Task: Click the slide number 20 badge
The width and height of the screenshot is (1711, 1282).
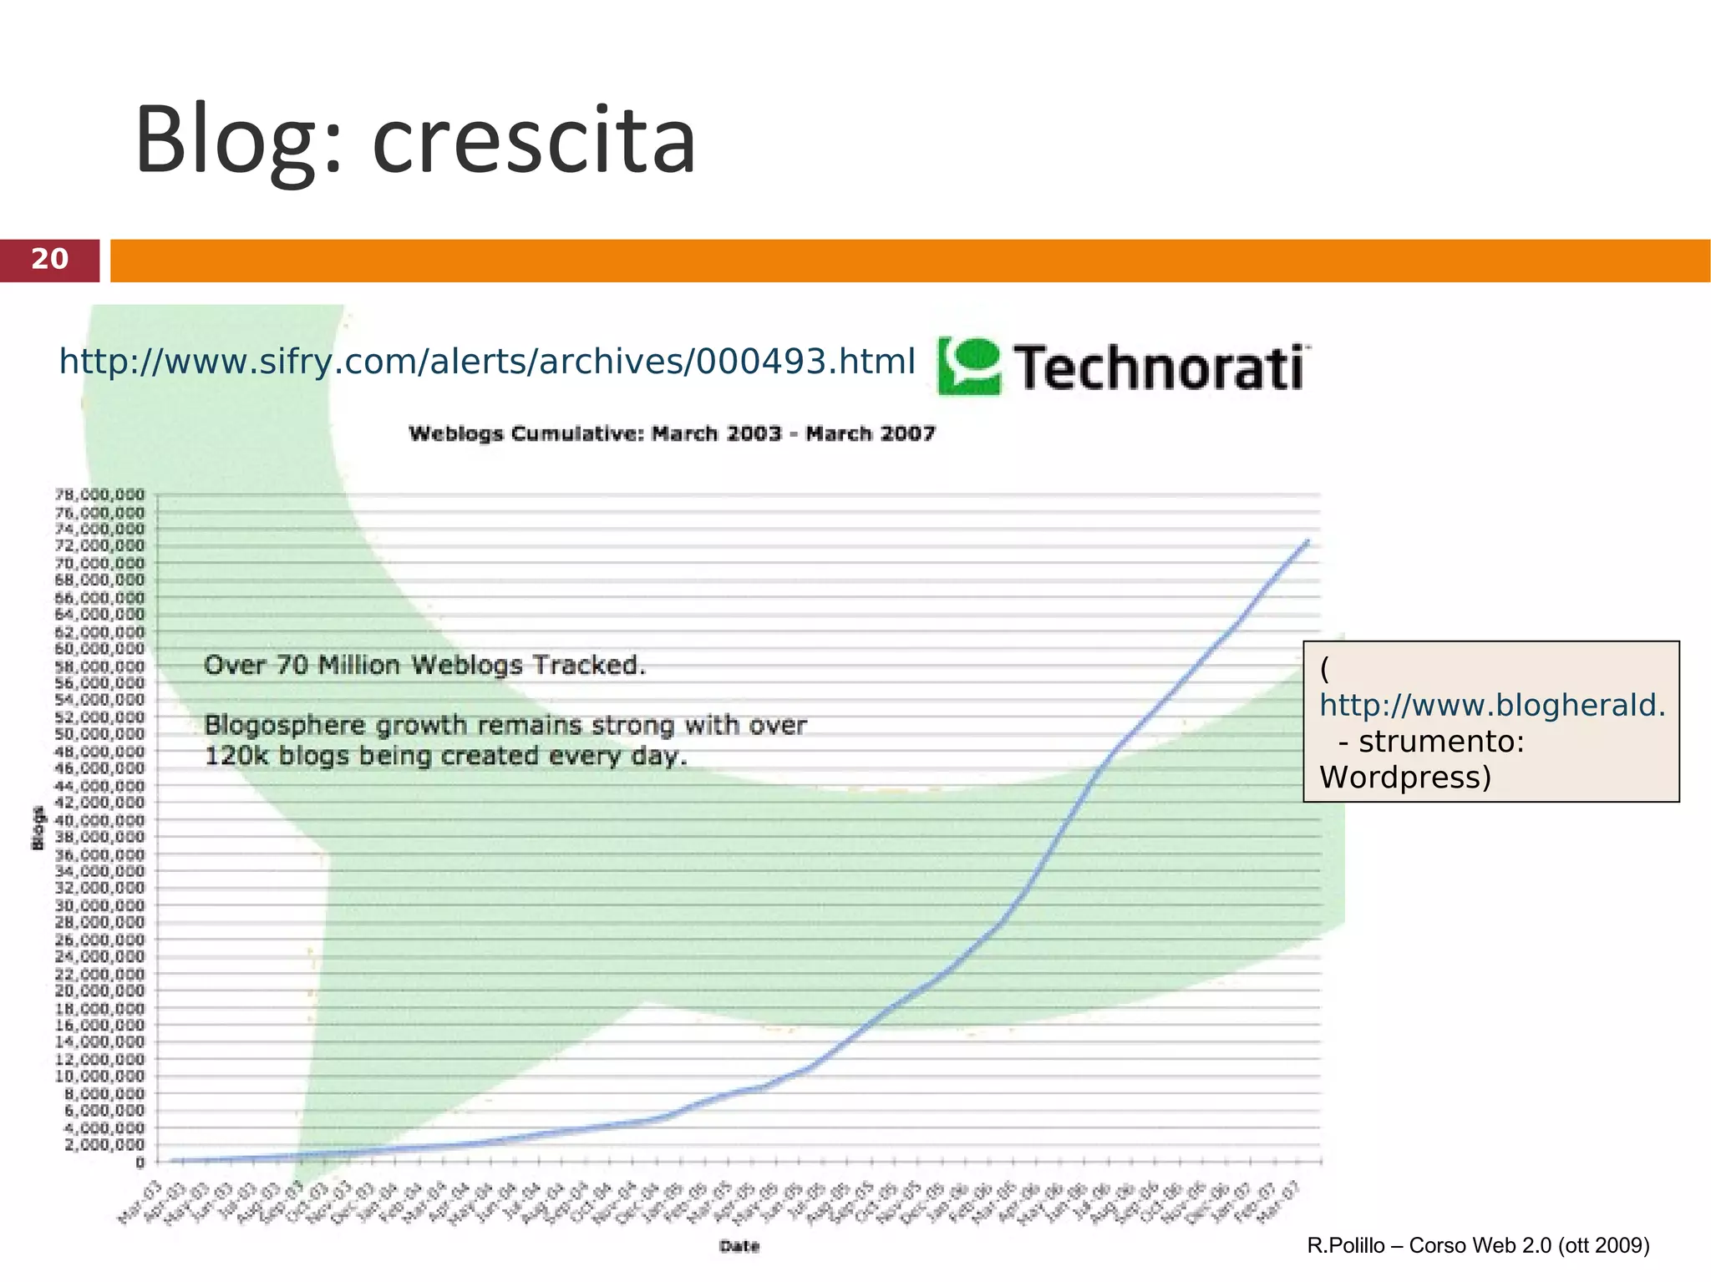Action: (x=50, y=260)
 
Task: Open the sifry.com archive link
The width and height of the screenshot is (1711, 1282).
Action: (x=487, y=362)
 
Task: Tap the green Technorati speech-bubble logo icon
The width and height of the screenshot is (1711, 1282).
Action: (x=968, y=366)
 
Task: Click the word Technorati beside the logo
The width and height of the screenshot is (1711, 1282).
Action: (x=1160, y=367)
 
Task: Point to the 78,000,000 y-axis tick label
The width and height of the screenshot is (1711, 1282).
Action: (x=99, y=494)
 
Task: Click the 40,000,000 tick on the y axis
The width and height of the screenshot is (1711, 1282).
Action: (x=99, y=820)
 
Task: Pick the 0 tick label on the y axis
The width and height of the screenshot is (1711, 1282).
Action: (x=140, y=1162)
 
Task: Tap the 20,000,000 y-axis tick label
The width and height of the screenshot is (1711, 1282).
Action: (x=99, y=991)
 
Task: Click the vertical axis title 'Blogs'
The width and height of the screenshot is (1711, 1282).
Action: (x=38, y=828)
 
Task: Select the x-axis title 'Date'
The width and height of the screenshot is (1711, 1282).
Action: (x=739, y=1247)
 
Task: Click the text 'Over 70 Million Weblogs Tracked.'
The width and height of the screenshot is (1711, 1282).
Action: (x=425, y=666)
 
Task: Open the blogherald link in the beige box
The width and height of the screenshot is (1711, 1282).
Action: (x=1492, y=706)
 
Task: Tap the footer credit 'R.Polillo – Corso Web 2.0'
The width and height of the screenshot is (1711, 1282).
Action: (x=1478, y=1246)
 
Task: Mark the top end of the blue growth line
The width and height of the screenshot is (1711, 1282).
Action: (x=1307, y=541)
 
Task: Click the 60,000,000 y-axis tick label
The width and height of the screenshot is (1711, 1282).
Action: (x=99, y=649)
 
